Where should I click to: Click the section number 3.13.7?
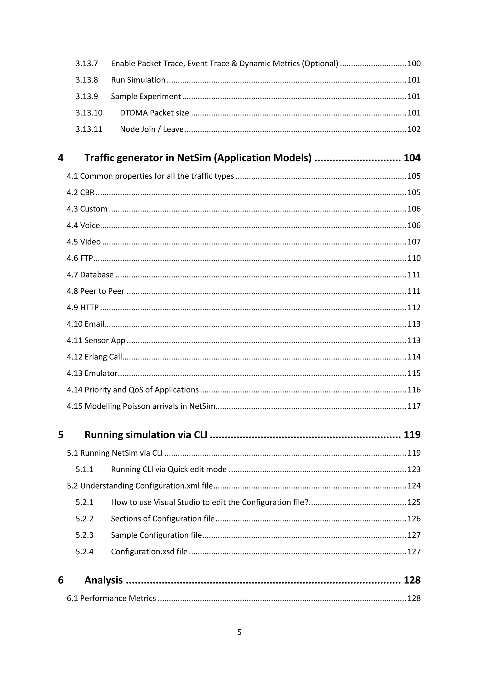coord(87,64)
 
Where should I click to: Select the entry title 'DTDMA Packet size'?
coord(154,113)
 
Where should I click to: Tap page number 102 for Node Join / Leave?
coord(414,130)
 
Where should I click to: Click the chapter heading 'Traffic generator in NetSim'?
coord(198,158)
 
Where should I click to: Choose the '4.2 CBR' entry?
coord(80,193)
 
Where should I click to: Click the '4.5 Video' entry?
coord(84,242)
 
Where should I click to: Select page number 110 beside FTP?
coord(414,258)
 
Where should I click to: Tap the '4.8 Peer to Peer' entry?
coord(96,291)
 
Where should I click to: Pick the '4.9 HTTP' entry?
coord(83,308)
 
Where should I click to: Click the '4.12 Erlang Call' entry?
coord(94,357)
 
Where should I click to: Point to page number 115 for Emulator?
coord(414,373)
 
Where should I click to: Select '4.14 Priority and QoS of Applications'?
coord(133,390)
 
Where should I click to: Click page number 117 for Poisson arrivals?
coord(414,406)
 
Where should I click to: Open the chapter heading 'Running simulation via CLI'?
coord(146,435)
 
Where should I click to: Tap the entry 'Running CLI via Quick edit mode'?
coord(169,469)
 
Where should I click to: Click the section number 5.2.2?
coord(84,519)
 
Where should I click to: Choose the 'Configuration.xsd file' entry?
coord(149,552)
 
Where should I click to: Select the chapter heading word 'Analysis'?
coord(104,580)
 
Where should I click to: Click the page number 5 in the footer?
coord(239,632)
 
